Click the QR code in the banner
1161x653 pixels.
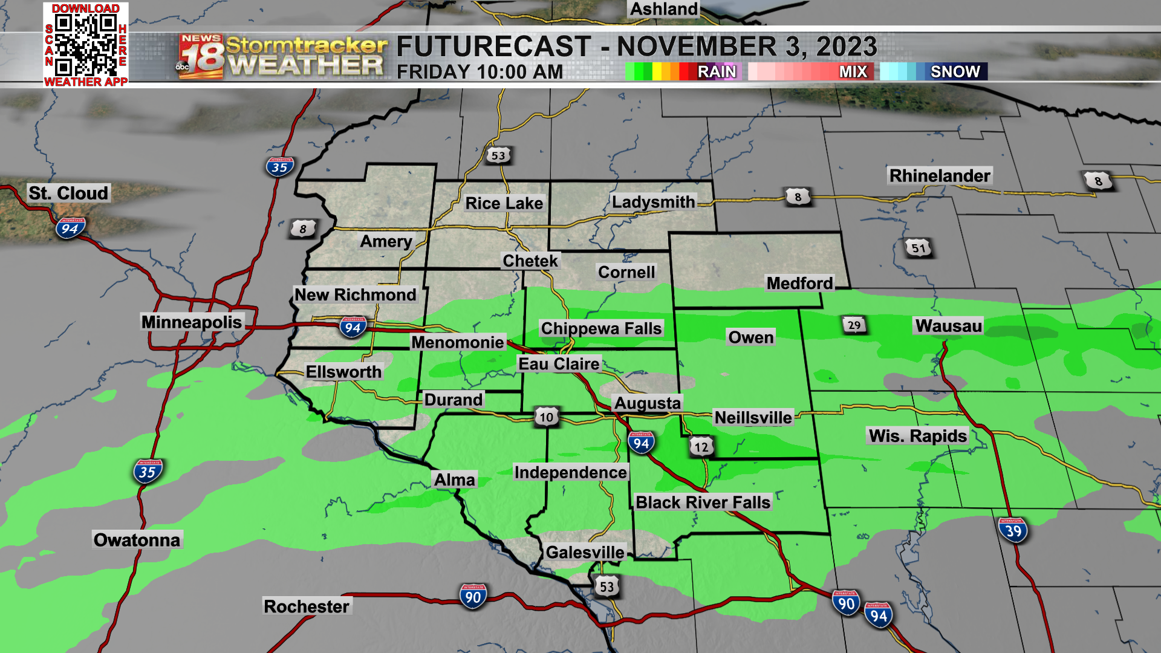click(x=85, y=45)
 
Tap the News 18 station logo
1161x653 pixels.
click(x=201, y=56)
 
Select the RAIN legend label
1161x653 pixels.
click(x=717, y=71)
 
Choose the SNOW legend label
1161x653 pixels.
click(x=955, y=71)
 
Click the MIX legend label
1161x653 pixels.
click(x=853, y=71)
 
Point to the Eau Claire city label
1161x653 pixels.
click(x=559, y=364)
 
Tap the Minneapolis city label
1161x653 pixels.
click(x=192, y=322)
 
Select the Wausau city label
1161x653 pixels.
click(x=948, y=326)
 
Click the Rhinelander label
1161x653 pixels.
click(x=940, y=176)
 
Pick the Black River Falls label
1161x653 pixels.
click(x=703, y=502)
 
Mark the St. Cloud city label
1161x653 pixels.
click(x=68, y=193)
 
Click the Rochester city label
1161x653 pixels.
click(x=307, y=606)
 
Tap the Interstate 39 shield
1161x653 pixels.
click(x=1013, y=530)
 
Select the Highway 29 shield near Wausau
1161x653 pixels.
click(x=854, y=325)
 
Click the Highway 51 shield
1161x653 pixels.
click(x=919, y=248)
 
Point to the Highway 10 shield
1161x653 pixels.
click(x=546, y=417)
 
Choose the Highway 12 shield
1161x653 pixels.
click(x=701, y=447)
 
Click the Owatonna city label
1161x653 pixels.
click(x=137, y=540)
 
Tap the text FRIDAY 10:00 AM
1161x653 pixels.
click(x=480, y=72)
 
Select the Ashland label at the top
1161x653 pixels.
click(x=664, y=9)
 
